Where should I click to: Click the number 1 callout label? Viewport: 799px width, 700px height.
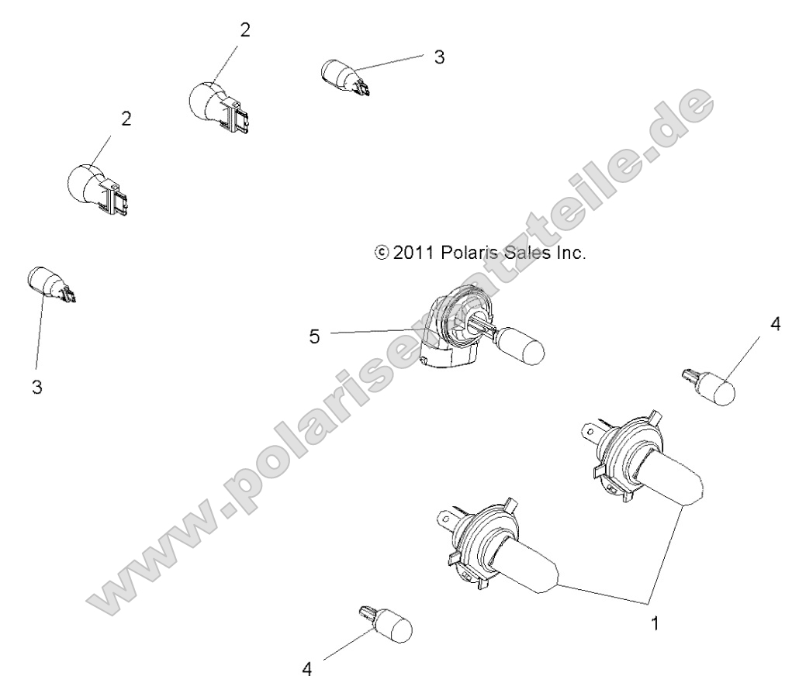click(x=655, y=622)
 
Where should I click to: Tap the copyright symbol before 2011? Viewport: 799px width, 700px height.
click(x=381, y=253)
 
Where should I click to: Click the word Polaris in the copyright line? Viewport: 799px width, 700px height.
click(x=466, y=253)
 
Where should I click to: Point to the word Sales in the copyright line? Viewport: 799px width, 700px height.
click(x=524, y=253)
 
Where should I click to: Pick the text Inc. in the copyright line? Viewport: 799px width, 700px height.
click(x=570, y=253)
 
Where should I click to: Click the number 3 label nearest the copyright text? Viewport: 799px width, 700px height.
click(x=439, y=57)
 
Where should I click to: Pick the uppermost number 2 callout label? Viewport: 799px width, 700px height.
click(x=245, y=30)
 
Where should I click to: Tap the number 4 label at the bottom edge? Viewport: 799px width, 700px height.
click(x=307, y=669)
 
